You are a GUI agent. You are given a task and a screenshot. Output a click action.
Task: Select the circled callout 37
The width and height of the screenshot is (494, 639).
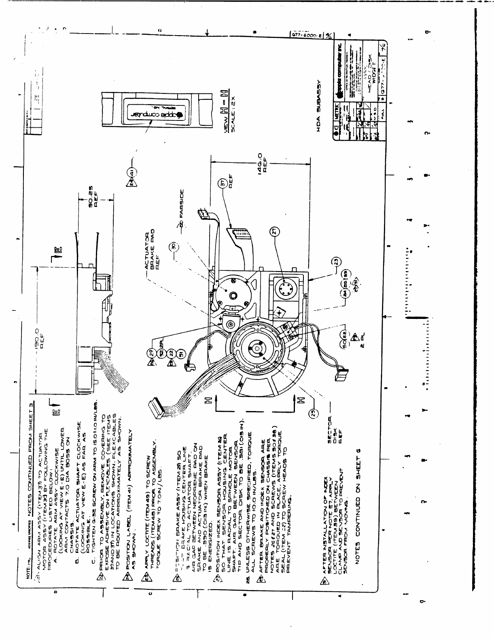click(223, 185)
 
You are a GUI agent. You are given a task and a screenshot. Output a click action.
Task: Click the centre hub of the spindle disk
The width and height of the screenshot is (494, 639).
click(257, 347)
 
